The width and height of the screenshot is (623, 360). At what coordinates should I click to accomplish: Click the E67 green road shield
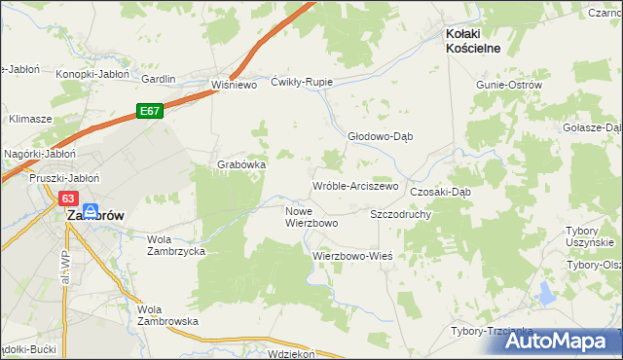pyautogui.click(x=149, y=112)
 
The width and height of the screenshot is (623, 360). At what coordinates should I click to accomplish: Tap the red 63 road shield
pyautogui.click(x=67, y=198)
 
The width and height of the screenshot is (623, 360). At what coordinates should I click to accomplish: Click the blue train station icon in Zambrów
pyautogui.click(x=90, y=210)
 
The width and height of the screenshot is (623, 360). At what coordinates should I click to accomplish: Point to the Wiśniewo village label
pyautogui.click(x=234, y=85)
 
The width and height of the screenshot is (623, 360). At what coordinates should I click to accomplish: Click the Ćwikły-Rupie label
pyautogui.click(x=302, y=82)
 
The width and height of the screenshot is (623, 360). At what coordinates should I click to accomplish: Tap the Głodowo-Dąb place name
pyautogui.click(x=381, y=136)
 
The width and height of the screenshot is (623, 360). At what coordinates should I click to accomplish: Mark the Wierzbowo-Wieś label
pyautogui.click(x=351, y=256)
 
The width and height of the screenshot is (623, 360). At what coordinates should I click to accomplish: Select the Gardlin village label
pyautogui.click(x=158, y=79)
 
